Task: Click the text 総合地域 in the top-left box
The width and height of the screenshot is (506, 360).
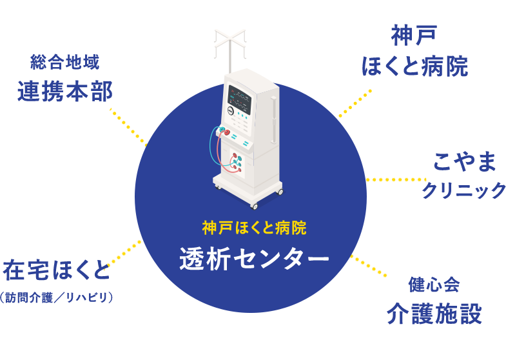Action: (x=65, y=62)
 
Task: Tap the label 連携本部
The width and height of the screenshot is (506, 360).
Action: (x=65, y=91)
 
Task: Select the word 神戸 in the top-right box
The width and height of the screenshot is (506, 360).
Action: (x=414, y=35)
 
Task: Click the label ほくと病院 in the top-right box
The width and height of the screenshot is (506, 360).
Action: (x=414, y=66)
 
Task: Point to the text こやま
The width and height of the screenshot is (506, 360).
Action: (x=465, y=162)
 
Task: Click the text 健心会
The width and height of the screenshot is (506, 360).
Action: (x=434, y=285)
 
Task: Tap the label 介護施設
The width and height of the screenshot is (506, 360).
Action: (x=434, y=314)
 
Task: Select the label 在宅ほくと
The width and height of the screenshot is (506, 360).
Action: (x=57, y=270)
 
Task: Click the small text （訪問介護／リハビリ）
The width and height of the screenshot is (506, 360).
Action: (x=57, y=297)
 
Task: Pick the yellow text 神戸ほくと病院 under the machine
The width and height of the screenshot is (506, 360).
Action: (x=254, y=228)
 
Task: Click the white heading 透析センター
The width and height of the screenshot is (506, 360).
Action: (x=254, y=259)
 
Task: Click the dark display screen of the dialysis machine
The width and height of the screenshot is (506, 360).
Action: (x=240, y=99)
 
